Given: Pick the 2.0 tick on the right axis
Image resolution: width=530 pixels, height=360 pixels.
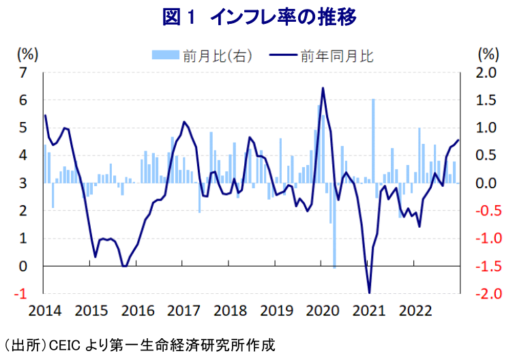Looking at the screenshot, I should tap(488, 72).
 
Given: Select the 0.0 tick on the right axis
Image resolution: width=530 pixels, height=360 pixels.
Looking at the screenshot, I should tap(488, 183).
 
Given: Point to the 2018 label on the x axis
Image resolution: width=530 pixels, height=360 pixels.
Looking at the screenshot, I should tap(230, 311).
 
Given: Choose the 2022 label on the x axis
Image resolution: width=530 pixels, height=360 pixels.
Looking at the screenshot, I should tap(415, 311).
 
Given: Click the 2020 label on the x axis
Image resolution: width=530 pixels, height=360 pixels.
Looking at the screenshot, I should tap(323, 311).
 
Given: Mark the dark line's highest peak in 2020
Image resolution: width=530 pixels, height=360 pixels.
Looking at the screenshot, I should tap(323, 88).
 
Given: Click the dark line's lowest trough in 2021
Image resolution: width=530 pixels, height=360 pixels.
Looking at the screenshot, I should tap(369, 292).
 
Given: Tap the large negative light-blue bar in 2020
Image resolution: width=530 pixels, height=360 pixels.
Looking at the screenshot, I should tap(334, 225).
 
